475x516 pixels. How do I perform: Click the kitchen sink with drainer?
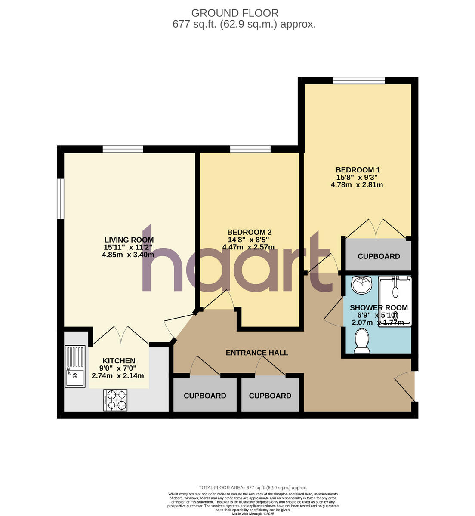coord(75,366)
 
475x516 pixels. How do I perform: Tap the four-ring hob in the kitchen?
coord(115,400)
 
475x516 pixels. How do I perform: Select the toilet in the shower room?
coord(362,341)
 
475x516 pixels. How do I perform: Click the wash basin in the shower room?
coord(361,285)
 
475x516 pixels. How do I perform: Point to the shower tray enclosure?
coord(395,301)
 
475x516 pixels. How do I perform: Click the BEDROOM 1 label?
coord(358,170)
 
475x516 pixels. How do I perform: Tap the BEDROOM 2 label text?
coord(250,232)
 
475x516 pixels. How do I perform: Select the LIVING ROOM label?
coord(129,240)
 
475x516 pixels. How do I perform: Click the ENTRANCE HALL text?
coord(257,353)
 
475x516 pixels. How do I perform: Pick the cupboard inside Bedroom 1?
coord(379,256)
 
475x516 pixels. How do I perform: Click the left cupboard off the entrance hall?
coord(205,396)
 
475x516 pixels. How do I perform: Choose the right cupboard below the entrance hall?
coord(270,396)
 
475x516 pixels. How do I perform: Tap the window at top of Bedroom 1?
coord(359,80)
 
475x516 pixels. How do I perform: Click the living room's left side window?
coord(61,199)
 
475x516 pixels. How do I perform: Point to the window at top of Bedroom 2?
coord(250,149)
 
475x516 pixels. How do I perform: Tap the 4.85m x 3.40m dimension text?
coord(128,255)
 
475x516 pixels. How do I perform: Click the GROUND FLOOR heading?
coord(235,13)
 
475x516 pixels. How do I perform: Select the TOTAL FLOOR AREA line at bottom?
coord(253,488)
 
